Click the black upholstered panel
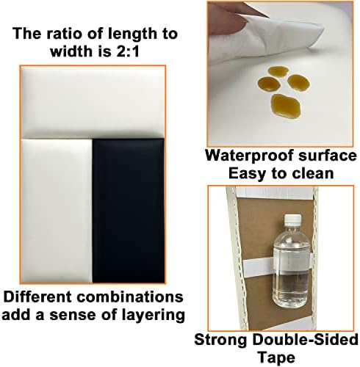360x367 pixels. point(129,211)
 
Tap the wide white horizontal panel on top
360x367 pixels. point(93,102)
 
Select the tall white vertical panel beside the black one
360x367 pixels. point(57,211)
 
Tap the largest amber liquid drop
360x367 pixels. point(286,105)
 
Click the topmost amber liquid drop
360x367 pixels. point(278,71)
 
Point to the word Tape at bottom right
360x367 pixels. point(276,357)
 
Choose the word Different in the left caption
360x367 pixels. point(37,297)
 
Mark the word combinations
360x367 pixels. point(130,297)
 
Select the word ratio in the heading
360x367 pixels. point(64,34)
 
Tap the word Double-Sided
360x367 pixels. point(305,340)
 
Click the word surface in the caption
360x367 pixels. point(328,156)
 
